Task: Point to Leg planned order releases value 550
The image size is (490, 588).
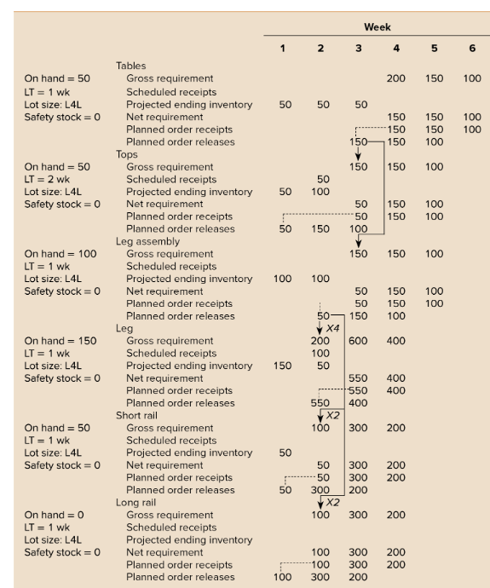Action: pos(320,402)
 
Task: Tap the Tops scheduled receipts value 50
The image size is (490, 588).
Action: pos(322,180)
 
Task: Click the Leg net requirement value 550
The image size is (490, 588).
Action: pos(359,378)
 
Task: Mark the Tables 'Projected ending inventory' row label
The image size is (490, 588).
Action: pos(189,103)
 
